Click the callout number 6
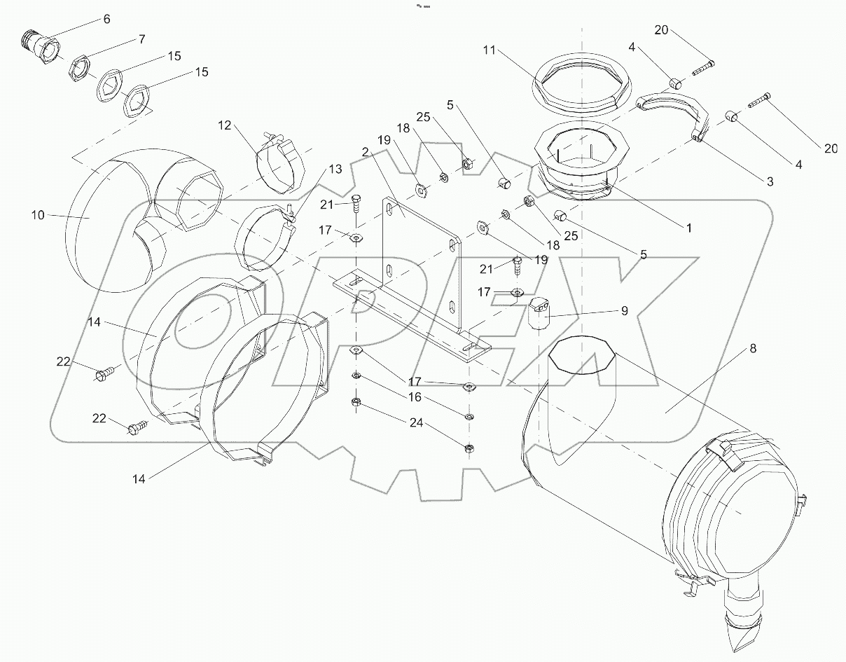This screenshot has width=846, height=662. coord(106,19)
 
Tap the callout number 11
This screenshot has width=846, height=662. coord(489,50)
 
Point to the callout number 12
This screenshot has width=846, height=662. coord(224,126)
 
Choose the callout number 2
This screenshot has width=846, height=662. coord(366,151)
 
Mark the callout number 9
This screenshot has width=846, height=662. coord(623,309)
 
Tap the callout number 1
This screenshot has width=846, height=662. coord(688,228)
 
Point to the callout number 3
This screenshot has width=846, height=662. coord(769,181)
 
